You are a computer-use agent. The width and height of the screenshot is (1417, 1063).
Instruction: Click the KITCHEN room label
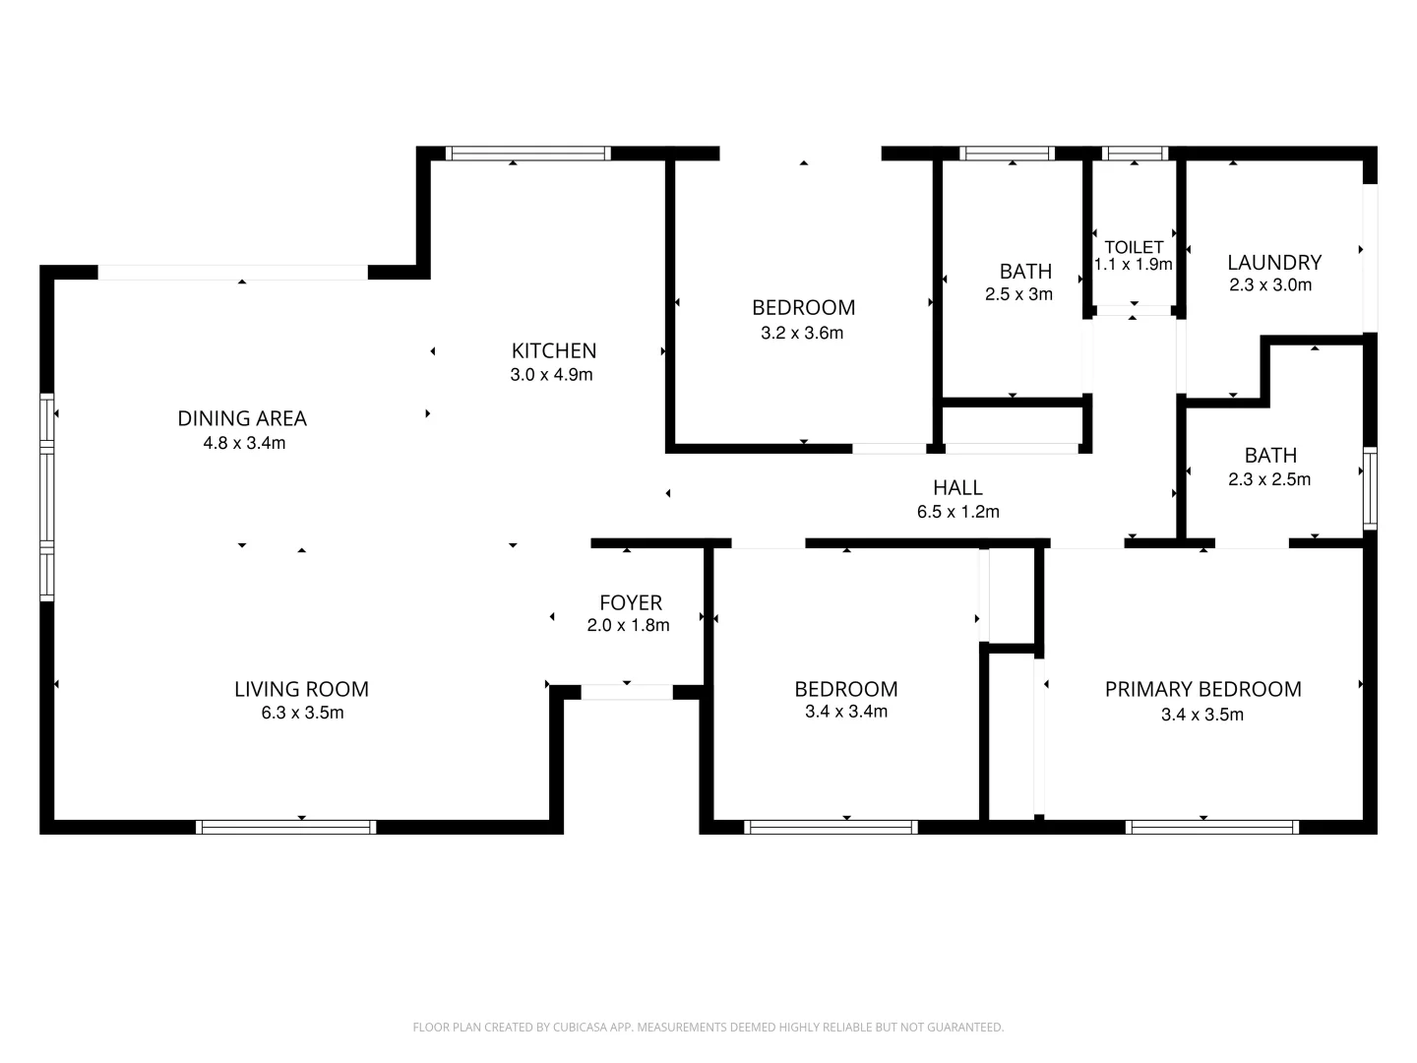point(553,350)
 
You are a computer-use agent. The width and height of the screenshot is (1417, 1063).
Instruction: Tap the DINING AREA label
point(242,418)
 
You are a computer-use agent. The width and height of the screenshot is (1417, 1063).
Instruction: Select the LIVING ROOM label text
point(301,689)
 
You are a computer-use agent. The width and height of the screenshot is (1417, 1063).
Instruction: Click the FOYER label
point(631,602)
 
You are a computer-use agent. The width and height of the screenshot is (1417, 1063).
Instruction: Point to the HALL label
point(957,487)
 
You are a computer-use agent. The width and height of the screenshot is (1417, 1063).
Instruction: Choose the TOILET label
point(1134,247)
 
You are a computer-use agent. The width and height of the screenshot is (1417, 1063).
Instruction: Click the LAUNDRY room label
point(1273,262)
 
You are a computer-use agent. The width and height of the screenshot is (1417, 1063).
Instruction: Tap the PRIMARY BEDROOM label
point(1202,689)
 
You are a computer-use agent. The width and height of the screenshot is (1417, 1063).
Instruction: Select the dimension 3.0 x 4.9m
point(551,375)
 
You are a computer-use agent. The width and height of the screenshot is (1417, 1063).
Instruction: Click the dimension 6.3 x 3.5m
point(302,714)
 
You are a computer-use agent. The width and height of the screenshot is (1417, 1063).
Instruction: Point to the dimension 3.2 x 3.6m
point(802,333)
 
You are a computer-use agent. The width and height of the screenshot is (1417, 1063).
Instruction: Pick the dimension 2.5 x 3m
point(1018,294)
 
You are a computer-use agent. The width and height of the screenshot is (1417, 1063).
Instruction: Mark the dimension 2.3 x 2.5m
point(1269,480)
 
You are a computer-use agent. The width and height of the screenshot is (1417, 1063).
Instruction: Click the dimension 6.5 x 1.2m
point(957,512)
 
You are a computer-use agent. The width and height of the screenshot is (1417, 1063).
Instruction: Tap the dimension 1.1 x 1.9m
point(1134,265)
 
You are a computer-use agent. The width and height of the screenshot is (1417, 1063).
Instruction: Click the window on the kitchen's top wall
point(528,154)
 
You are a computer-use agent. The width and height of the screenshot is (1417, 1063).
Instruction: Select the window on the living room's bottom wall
point(286,827)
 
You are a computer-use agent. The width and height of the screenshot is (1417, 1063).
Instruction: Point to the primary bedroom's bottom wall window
point(1211,827)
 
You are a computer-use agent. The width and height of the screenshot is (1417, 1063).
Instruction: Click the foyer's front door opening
point(627,692)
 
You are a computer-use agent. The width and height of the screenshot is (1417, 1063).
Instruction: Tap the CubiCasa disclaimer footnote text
point(708,1028)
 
